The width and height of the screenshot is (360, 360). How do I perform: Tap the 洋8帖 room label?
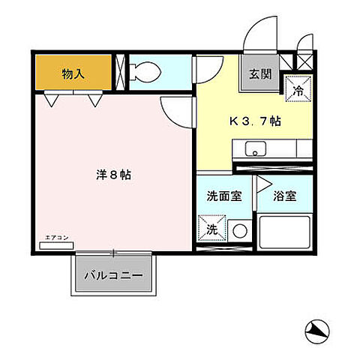114,175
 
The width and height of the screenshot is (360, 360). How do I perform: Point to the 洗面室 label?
224,196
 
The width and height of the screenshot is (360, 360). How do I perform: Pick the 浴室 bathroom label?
284,196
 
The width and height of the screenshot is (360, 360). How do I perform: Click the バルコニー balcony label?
118,274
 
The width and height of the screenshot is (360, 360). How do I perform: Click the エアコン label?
57,237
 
